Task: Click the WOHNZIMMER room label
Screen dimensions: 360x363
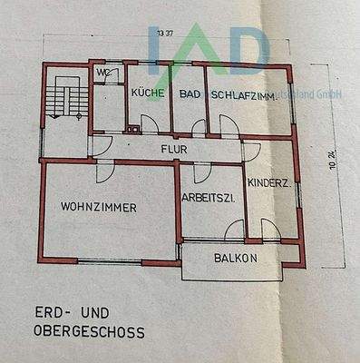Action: tap(99, 208)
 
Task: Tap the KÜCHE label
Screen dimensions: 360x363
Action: tap(146, 93)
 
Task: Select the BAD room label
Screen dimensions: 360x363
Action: tap(190, 93)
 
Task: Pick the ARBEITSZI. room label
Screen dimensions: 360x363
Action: tap(209, 197)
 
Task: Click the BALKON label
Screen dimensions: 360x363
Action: tap(236, 258)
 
